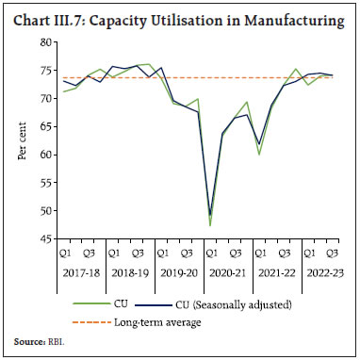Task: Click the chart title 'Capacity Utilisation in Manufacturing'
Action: click(x=226, y=16)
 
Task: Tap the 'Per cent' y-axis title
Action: click(x=21, y=141)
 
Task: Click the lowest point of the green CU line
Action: click(x=210, y=224)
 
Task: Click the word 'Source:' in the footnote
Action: click(x=28, y=344)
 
